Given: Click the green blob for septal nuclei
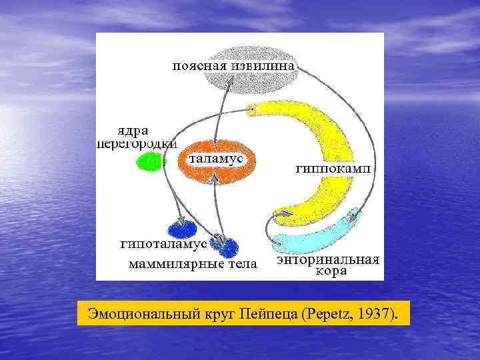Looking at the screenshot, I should pyautogui.click(x=149, y=161).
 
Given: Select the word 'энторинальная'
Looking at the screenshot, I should pyautogui.click(x=327, y=259).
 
